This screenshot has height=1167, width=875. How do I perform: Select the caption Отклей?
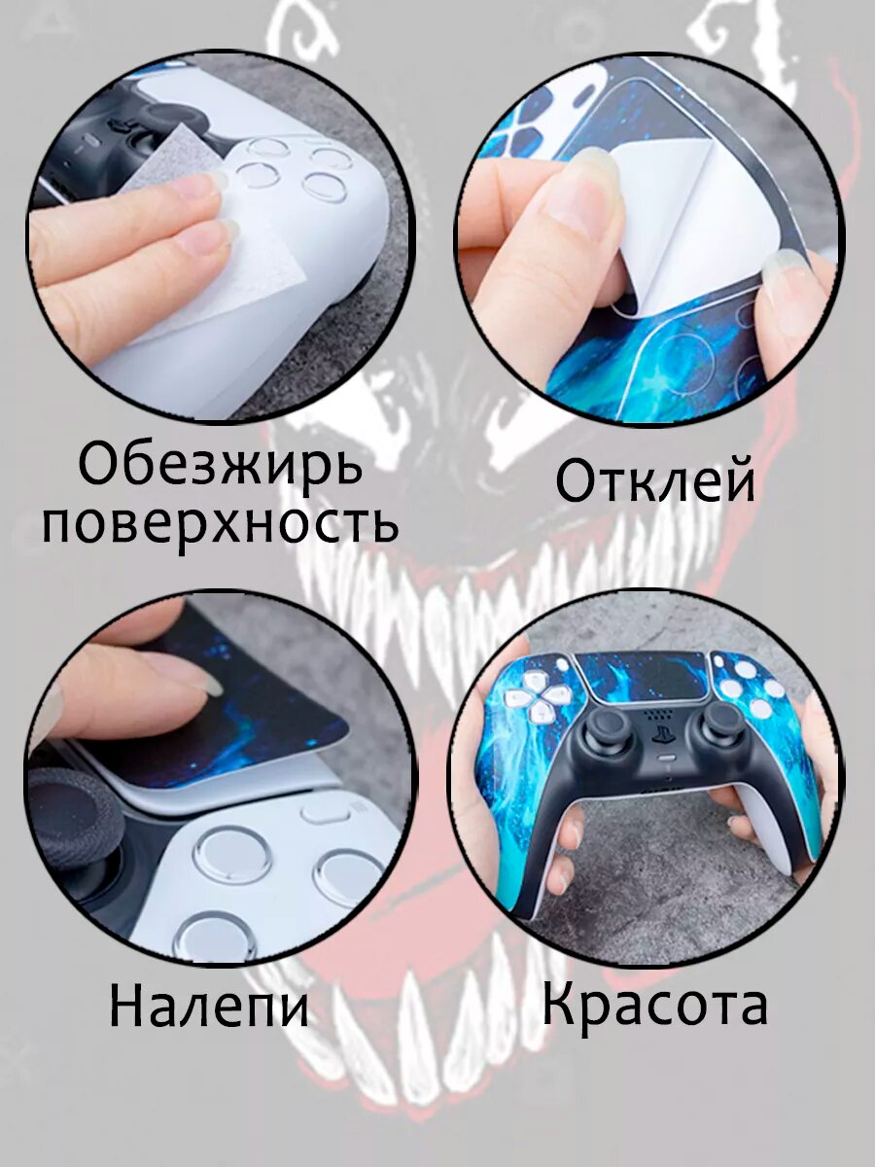[655, 481]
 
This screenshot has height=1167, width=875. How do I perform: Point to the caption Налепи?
[209, 1007]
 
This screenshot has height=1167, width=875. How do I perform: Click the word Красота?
[654, 1004]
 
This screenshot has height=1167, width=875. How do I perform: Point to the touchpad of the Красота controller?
[642, 677]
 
